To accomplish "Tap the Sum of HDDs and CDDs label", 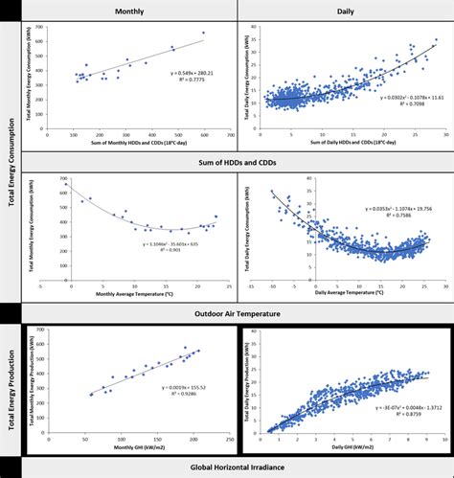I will (x=236, y=162).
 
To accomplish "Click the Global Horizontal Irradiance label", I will (x=236, y=467).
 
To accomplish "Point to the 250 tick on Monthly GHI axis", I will (x=230, y=437).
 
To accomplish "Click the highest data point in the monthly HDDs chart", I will (x=203, y=34).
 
